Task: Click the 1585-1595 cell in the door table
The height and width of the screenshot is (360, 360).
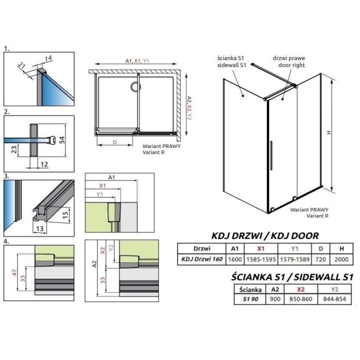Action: pyautogui.click(x=259, y=259)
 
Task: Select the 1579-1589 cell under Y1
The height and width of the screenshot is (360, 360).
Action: pyautogui.click(x=295, y=259)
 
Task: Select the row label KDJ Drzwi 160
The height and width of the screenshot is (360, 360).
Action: pyautogui.click(x=202, y=259)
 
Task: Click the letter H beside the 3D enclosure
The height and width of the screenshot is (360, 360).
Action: pyautogui.click(x=328, y=133)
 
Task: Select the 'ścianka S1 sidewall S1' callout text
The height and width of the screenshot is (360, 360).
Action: pyautogui.click(x=231, y=62)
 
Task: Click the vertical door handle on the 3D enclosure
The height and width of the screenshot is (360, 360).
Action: pyautogui.click(x=270, y=157)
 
